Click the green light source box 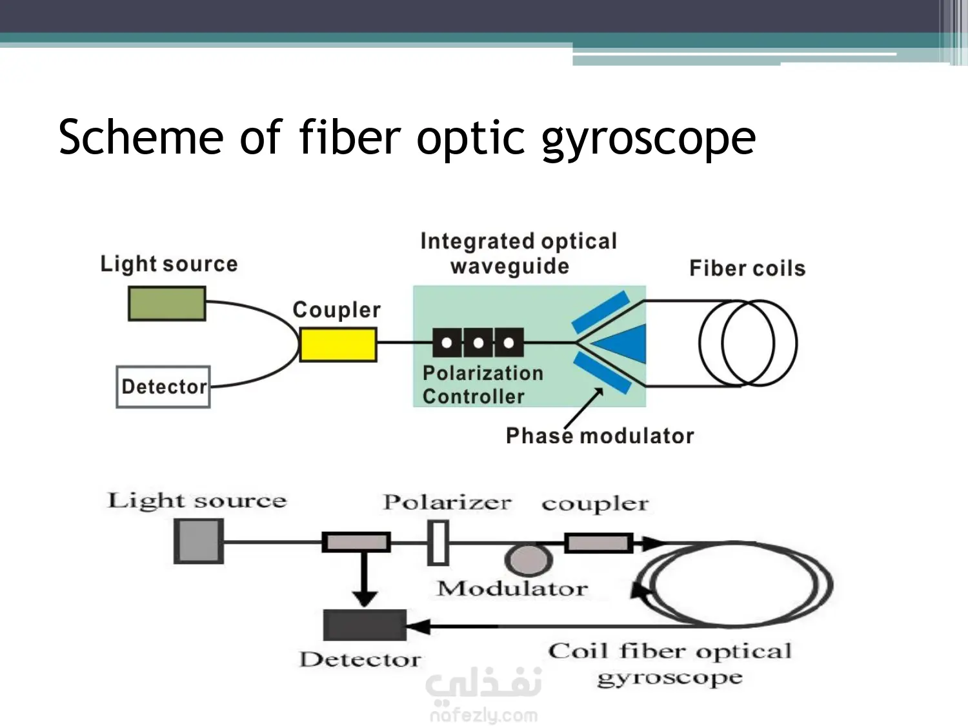tap(167, 304)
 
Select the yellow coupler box tap(338, 345)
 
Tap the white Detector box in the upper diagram tap(163, 387)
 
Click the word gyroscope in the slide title tap(648, 139)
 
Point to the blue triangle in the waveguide tap(621, 344)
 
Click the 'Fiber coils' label tap(747, 268)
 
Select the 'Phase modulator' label tap(600, 436)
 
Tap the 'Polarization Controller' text tap(482, 385)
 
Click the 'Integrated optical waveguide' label tap(518, 254)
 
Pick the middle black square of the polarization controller tap(478, 343)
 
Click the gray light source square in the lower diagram tap(199, 541)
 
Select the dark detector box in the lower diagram tap(365, 625)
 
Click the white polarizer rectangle tap(438, 543)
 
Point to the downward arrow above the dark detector tap(365, 581)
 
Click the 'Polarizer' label tap(447, 503)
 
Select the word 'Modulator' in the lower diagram tap(512, 589)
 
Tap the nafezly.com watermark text tap(483, 715)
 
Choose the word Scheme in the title tap(141, 137)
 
